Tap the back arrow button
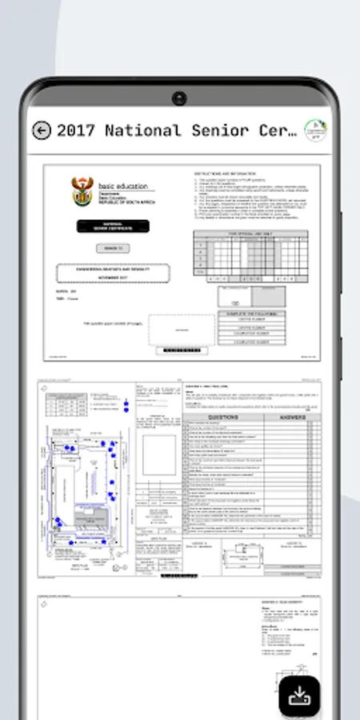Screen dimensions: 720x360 pyautogui.click(x=41, y=130)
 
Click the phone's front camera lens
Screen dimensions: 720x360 pyautogui.click(x=179, y=98)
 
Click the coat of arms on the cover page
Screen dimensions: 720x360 pyautogui.click(x=83, y=193)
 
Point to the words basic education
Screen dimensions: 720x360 pyautogui.click(x=122, y=186)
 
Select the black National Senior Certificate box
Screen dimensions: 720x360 pyautogui.click(x=113, y=226)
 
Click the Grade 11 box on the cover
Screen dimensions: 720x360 pyautogui.click(x=112, y=249)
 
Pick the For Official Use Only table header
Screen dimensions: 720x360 pyautogui.click(x=250, y=234)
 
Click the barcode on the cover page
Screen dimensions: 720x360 pyautogui.click(x=182, y=350)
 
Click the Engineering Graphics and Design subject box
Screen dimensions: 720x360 pyautogui.click(x=113, y=274)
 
